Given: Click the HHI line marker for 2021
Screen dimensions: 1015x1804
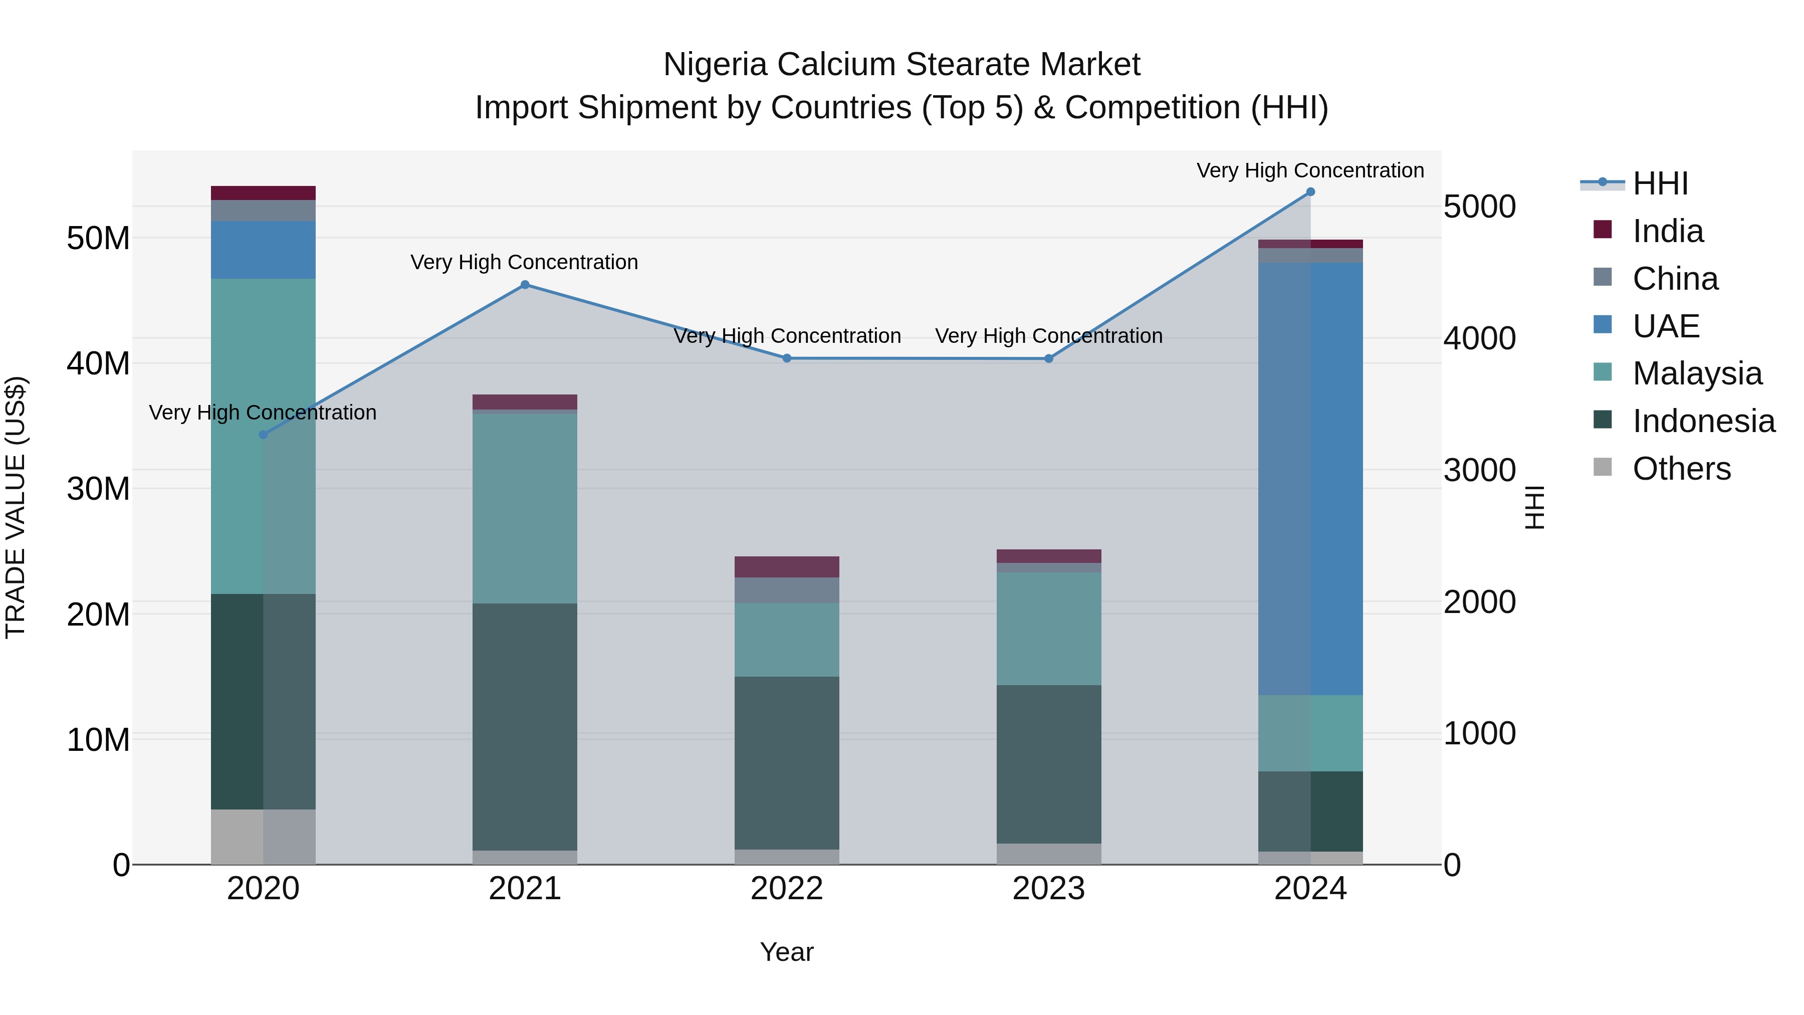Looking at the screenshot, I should click(525, 284).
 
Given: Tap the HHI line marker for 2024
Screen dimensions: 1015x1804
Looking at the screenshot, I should click(1310, 192).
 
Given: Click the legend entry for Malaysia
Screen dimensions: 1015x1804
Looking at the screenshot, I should click(1696, 373).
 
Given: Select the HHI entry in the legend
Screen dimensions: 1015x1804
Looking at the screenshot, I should click(1660, 183).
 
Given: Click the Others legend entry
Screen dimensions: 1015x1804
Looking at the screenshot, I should click(1681, 469).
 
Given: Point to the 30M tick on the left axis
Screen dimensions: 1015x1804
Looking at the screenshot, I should click(98, 489).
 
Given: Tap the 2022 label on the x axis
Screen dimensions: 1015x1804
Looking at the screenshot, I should click(786, 889).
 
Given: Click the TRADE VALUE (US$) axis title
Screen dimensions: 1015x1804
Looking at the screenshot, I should click(16, 507).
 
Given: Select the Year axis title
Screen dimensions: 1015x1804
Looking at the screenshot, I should click(786, 952).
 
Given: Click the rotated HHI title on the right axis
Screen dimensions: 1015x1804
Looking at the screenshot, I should click(1534, 507).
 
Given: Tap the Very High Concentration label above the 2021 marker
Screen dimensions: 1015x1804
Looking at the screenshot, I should click(525, 262).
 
